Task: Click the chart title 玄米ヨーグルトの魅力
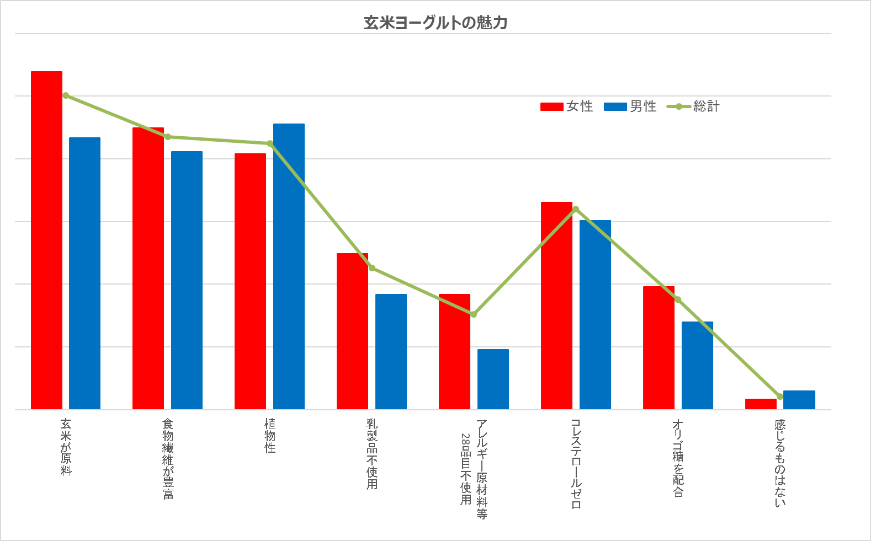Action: pyautogui.click(x=435, y=23)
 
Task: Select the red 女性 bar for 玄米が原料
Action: pyautogui.click(x=46, y=240)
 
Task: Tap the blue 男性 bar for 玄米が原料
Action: pyautogui.click(x=84, y=273)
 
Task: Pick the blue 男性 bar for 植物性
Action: pyautogui.click(x=289, y=266)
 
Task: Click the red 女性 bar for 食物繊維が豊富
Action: pyautogui.click(x=148, y=268)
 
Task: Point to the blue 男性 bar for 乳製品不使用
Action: pyautogui.click(x=391, y=351)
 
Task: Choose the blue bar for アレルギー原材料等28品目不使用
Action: pyautogui.click(x=493, y=379)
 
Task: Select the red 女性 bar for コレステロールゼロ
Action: pyautogui.click(x=556, y=306)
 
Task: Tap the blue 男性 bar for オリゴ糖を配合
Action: pyautogui.click(x=697, y=365)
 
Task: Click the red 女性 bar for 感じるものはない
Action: pyautogui.click(x=761, y=404)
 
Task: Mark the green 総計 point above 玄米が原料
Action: pyautogui.click(x=66, y=95)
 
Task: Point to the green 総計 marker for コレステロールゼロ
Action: pyautogui.click(x=576, y=209)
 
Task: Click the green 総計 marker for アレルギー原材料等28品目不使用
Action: pyautogui.click(x=474, y=314)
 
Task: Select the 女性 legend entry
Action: pyautogui.click(x=567, y=106)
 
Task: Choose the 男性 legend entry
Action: pyautogui.click(x=630, y=106)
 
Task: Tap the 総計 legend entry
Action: pyautogui.click(x=694, y=106)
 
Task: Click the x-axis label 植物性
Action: pyautogui.click(x=270, y=436)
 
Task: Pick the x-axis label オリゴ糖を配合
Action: pyautogui.click(x=678, y=458)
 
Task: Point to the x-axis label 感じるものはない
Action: pyautogui.click(x=780, y=463)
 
